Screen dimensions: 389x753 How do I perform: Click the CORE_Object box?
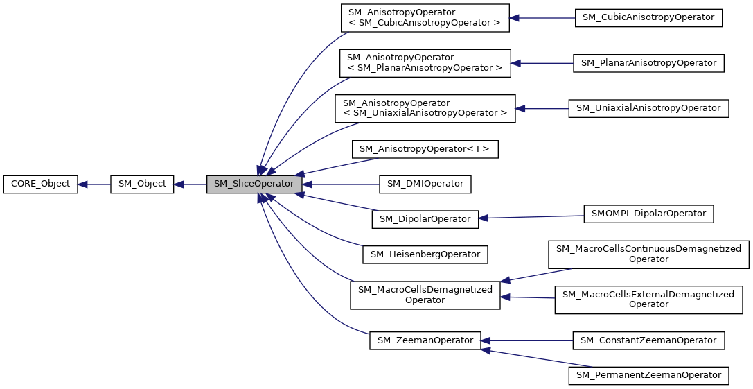[x=40, y=184]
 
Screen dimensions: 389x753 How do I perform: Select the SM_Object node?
[x=142, y=184]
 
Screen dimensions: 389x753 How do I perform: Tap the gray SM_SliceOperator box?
[x=254, y=184]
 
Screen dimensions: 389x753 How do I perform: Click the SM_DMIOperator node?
[x=425, y=184]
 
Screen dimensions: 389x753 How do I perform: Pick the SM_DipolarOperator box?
[x=425, y=219]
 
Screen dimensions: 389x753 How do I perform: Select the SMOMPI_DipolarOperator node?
[x=648, y=214]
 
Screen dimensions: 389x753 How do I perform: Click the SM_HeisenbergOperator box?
[x=425, y=254]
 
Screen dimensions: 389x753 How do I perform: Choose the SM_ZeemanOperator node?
[x=425, y=340]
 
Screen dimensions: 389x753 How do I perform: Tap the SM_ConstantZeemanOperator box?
[x=648, y=340]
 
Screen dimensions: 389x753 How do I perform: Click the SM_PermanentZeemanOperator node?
[x=648, y=375]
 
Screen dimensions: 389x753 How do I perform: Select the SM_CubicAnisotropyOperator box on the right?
[x=648, y=18]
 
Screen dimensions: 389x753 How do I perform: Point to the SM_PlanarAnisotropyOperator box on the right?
[x=648, y=63]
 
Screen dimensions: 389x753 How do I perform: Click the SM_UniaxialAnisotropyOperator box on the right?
[x=648, y=108]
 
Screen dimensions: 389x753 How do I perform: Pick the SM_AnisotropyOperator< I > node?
[x=425, y=148]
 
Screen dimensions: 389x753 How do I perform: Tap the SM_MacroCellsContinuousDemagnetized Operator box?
[x=648, y=254]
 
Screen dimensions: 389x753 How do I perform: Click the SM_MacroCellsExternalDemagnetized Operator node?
[x=648, y=299]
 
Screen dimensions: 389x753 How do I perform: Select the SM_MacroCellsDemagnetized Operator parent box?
[x=425, y=295]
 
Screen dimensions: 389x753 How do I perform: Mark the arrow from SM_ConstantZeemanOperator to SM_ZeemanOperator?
[x=527, y=340]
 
